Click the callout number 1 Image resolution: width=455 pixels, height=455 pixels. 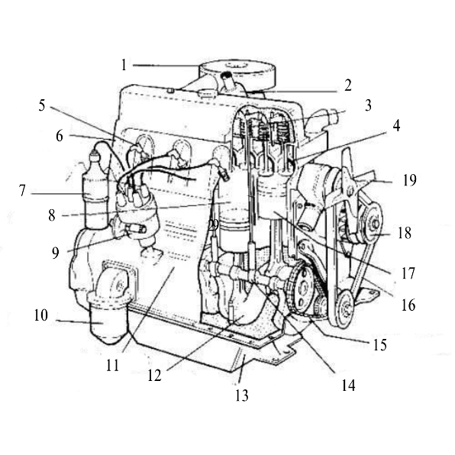(x=124, y=65)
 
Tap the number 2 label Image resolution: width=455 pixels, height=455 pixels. (x=348, y=86)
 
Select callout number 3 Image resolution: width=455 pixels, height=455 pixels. (x=368, y=105)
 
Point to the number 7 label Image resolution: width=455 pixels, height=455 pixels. (x=22, y=191)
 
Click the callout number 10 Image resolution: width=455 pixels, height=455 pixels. (x=41, y=315)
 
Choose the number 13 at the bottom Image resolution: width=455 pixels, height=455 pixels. (x=242, y=395)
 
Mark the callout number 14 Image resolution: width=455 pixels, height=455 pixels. (x=348, y=386)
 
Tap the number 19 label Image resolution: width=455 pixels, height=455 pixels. (x=410, y=180)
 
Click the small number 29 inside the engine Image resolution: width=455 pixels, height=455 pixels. (x=214, y=225)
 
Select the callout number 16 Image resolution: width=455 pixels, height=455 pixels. (x=408, y=305)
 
